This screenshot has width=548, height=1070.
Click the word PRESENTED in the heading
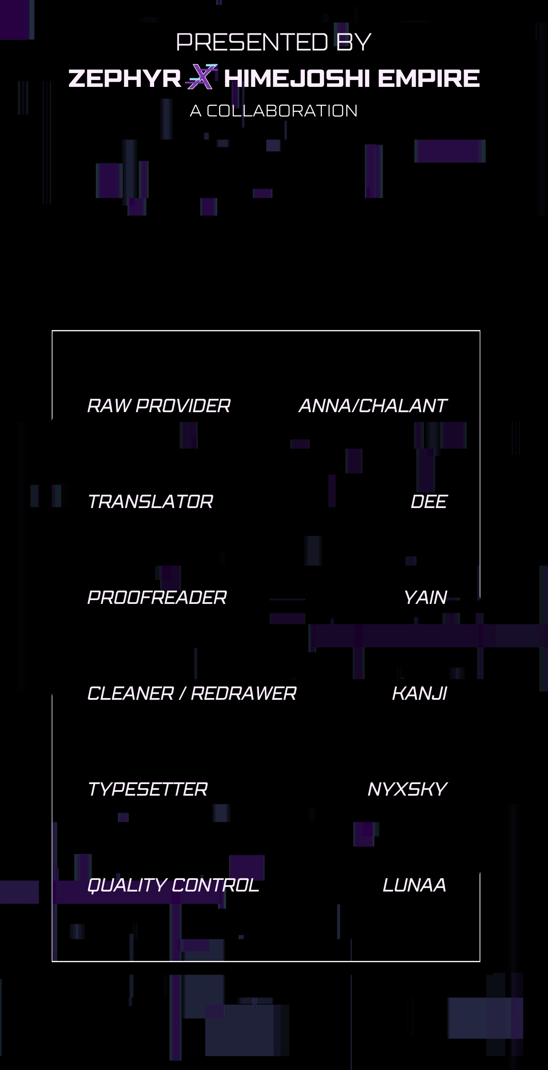pyautogui.click(x=252, y=42)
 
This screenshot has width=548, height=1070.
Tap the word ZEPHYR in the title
pyautogui.click(x=125, y=78)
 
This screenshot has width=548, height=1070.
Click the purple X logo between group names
pyautogui.click(x=202, y=77)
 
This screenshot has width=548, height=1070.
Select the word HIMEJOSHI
pyautogui.click(x=296, y=78)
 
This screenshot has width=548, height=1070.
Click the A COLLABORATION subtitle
pyautogui.click(x=274, y=111)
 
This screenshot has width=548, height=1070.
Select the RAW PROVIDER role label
pyautogui.click(x=159, y=406)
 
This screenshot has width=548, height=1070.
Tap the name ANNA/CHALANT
pyautogui.click(x=373, y=406)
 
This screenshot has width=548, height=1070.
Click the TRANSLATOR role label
pyautogui.click(x=150, y=502)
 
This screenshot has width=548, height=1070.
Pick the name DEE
pyautogui.click(x=429, y=502)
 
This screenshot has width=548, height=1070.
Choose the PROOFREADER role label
pyautogui.click(x=157, y=597)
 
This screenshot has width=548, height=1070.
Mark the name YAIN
pyautogui.click(x=426, y=597)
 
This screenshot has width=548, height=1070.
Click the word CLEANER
pyautogui.click(x=131, y=693)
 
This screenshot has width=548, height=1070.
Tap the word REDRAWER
pyautogui.click(x=244, y=693)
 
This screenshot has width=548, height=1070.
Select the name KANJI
pyautogui.click(x=420, y=693)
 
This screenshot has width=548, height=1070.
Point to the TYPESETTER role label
pyautogui.click(x=147, y=789)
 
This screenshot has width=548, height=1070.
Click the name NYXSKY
pyautogui.click(x=408, y=789)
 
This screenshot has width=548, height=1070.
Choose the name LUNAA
pyautogui.click(x=414, y=885)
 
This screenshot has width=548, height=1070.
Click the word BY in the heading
pyautogui.click(x=354, y=42)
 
